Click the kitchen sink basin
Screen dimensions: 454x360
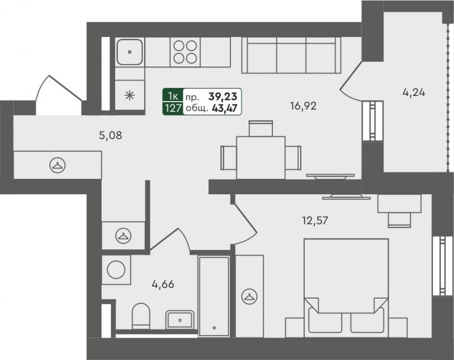130,52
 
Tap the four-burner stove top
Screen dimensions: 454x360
186,52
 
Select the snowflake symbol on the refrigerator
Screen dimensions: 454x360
130,95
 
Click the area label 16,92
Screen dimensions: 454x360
303,106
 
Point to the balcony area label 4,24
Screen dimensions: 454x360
414,93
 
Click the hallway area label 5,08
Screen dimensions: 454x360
110,135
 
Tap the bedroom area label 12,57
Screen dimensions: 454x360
315,221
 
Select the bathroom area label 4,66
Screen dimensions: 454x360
163,284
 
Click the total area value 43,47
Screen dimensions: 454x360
225,108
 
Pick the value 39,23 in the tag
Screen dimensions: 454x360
222,96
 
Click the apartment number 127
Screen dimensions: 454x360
173,108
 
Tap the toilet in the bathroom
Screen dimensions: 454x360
141,316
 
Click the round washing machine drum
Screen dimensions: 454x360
116,270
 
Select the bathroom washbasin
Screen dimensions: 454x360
180,320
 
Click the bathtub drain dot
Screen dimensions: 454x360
215,328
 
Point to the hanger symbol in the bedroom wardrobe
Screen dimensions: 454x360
249,296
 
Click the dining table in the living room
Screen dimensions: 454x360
260,157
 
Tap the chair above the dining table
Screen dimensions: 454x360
261,128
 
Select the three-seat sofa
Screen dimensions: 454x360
291,55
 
